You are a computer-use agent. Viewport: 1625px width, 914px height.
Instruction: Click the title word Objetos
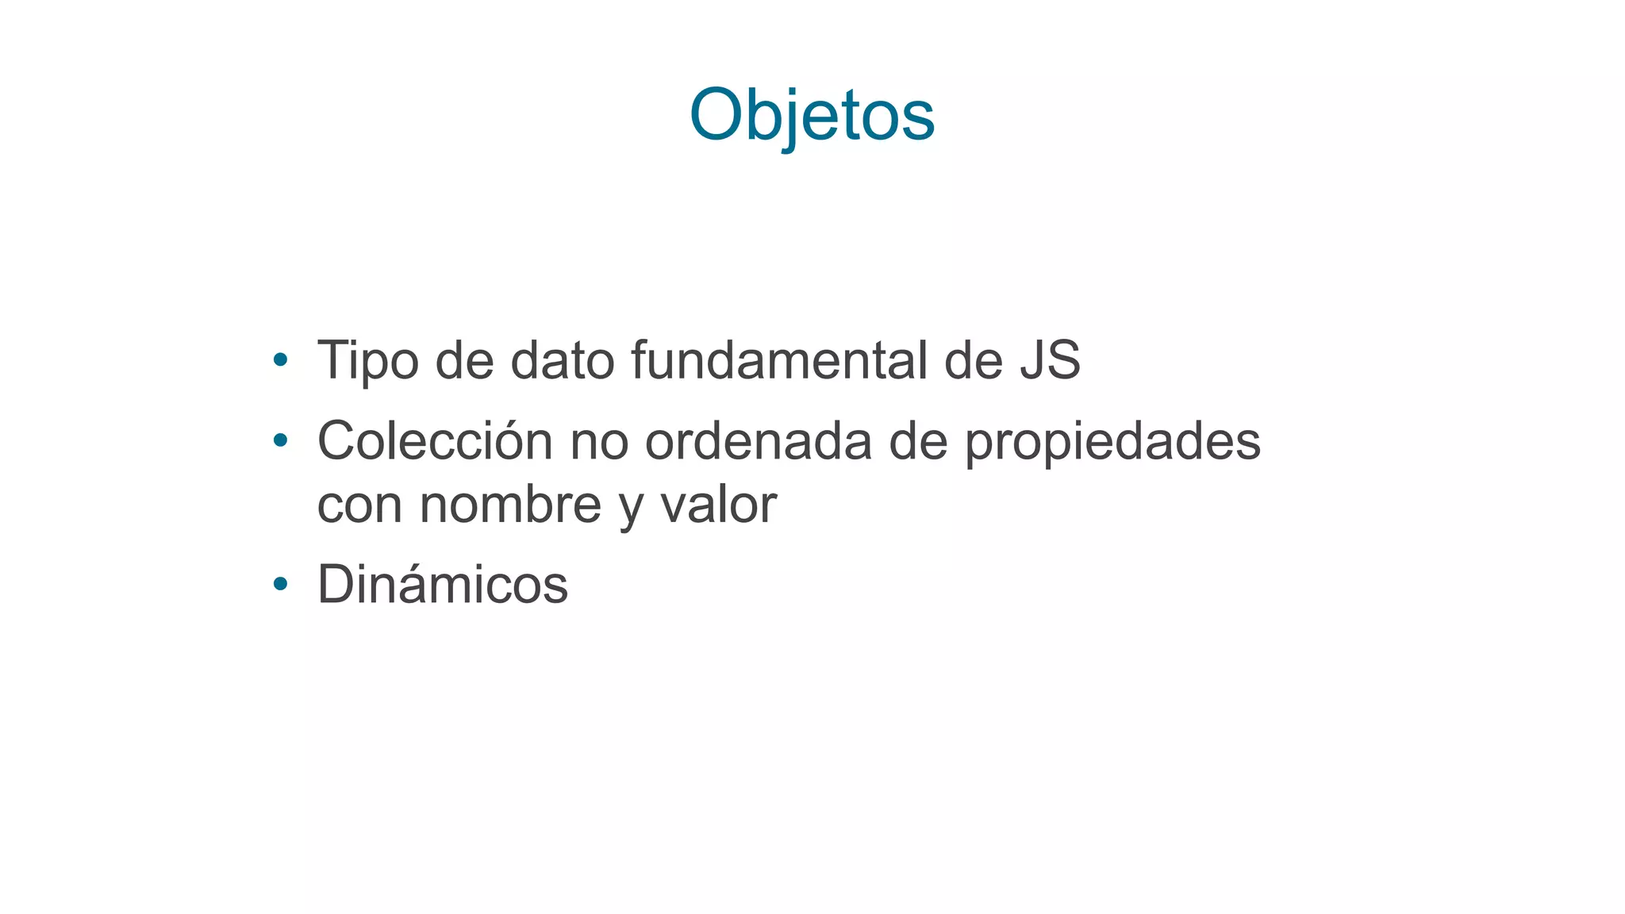tap(812, 115)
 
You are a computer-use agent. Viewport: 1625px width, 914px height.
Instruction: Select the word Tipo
tap(367, 361)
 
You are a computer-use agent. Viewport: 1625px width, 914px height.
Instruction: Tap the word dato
tap(562, 361)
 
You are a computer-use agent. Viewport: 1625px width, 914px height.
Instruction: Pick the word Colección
tap(435, 441)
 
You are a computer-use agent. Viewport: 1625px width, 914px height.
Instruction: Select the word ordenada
tap(758, 441)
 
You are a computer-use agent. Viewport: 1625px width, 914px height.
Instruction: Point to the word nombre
tap(510, 505)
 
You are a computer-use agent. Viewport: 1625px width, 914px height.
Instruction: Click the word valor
tap(719, 505)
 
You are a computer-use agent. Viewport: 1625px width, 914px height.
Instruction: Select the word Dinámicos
tap(442, 585)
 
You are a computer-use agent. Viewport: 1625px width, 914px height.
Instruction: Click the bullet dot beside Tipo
tap(279, 360)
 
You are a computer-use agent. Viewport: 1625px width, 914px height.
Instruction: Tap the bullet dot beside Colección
tap(279, 440)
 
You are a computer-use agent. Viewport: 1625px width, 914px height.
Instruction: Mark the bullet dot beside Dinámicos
tap(279, 584)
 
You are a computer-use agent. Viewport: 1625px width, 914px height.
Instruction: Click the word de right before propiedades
tap(918, 441)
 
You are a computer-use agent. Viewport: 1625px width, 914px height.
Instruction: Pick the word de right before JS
tap(974, 361)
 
